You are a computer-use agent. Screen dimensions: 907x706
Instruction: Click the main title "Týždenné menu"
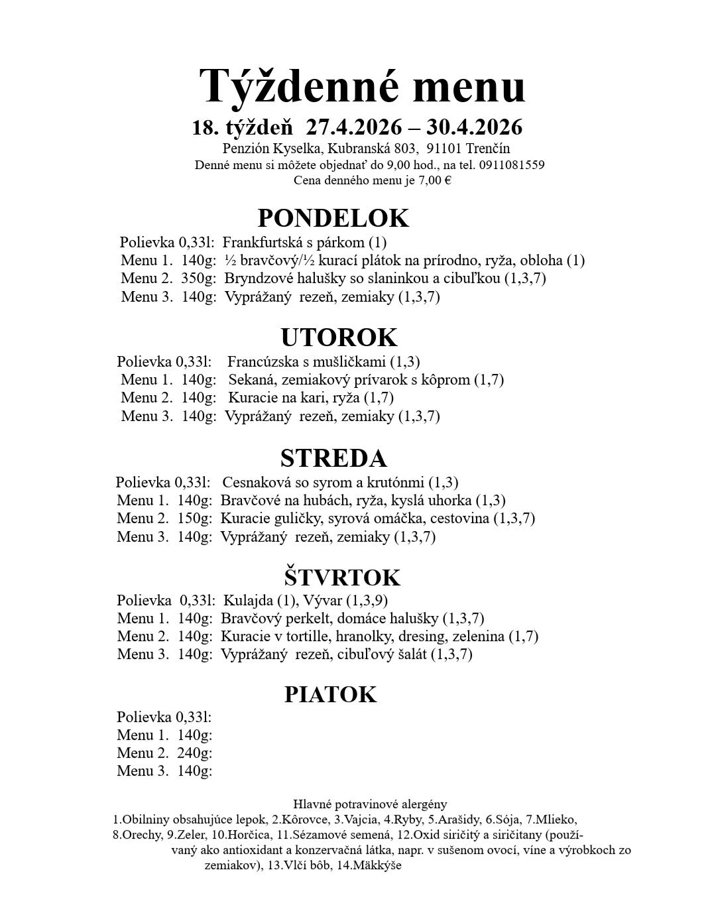click(x=362, y=86)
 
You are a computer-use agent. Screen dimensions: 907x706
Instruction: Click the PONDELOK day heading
click(x=333, y=218)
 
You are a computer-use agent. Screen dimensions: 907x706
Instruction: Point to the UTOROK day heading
click(x=339, y=337)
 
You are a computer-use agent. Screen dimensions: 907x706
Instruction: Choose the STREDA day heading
click(x=333, y=458)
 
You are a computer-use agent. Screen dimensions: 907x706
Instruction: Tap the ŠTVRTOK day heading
click(x=343, y=577)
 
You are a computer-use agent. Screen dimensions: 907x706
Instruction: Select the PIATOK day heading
click(x=330, y=694)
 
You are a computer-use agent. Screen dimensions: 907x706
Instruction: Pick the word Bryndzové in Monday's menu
click(x=256, y=278)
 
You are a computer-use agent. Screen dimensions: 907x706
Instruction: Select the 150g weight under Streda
click(x=194, y=518)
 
